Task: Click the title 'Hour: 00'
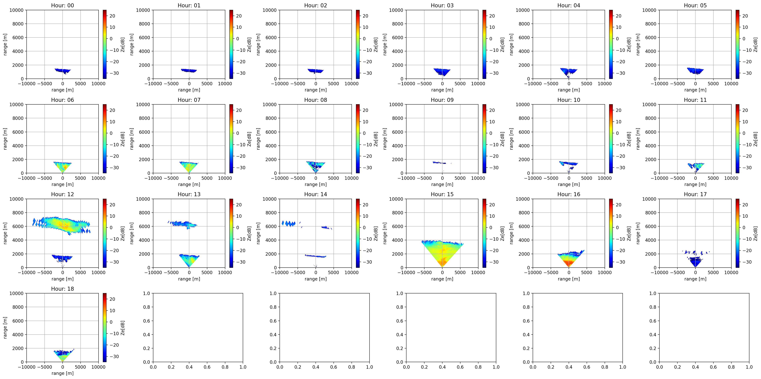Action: click(x=62, y=5)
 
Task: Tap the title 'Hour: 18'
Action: click(x=62, y=288)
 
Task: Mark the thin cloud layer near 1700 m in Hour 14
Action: click(x=316, y=256)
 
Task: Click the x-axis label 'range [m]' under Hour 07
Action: click(x=189, y=184)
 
